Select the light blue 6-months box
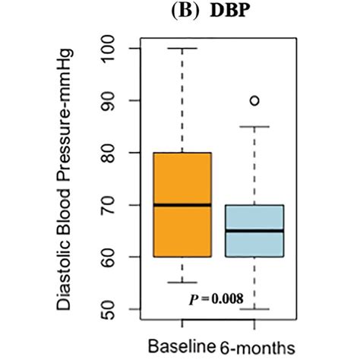(254, 243)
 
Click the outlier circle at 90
(254, 100)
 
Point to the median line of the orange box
(182, 205)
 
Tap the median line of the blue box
(254, 231)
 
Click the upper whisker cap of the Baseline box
(182, 49)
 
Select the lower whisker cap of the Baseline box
(182, 283)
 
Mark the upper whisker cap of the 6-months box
(254, 127)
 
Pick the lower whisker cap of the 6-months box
(254, 309)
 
